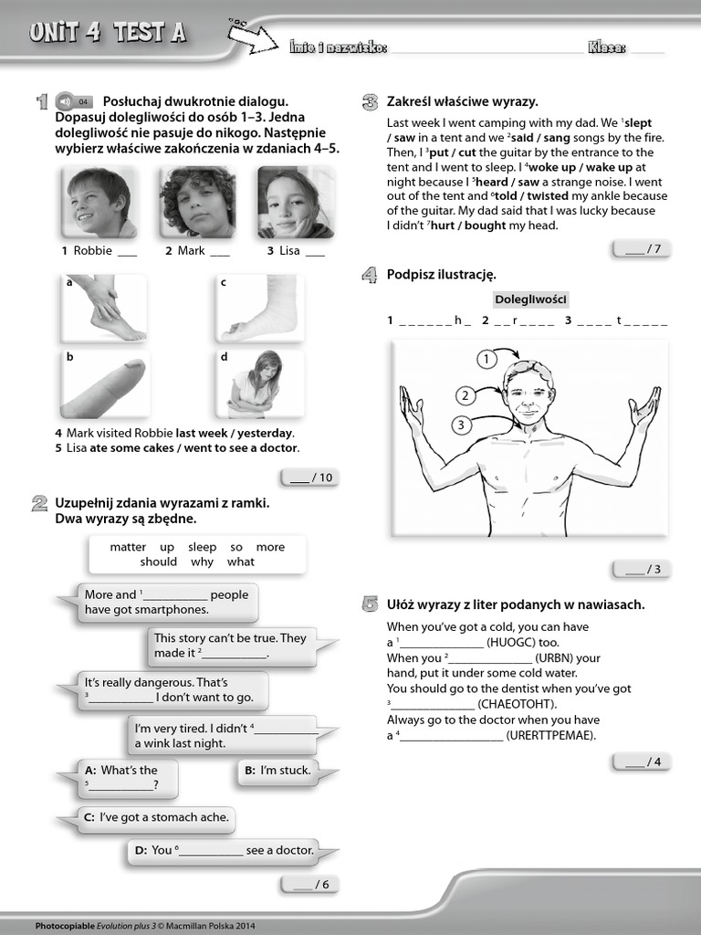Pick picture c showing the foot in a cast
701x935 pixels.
(x=256, y=309)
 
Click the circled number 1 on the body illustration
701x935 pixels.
(x=487, y=359)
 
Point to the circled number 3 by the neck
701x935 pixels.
(x=462, y=425)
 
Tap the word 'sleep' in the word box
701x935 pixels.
(x=203, y=547)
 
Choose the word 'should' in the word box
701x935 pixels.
(x=159, y=562)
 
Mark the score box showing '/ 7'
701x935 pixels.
(x=642, y=248)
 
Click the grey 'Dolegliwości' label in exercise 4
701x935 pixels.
(x=531, y=299)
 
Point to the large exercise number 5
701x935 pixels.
(x=370, y=604)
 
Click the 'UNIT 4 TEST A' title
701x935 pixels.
(x=108, y=33)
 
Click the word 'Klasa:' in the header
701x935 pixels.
(x=607, y=47)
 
